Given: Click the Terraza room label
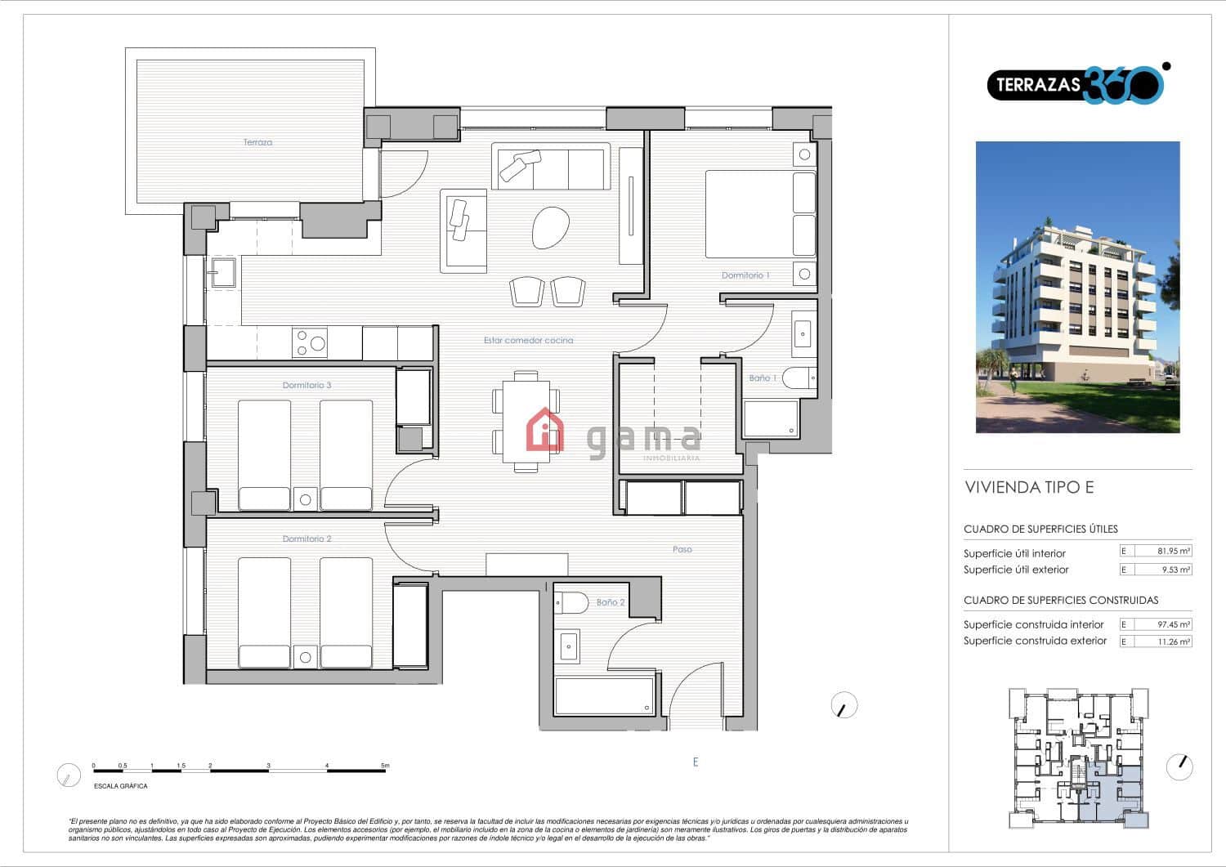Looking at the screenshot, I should pos(257,142).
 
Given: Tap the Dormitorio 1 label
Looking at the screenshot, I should pos(745,275).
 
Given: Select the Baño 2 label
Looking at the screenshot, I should pos(610,602).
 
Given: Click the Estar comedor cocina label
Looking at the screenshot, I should pos(528,340).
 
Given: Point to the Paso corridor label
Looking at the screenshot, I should pos(682,549).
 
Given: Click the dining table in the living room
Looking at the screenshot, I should pos(526,421).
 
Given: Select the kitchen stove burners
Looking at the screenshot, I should pos(310,343).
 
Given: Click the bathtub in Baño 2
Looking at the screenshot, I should pos(604,695).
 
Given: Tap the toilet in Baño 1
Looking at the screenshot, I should pos(799,378).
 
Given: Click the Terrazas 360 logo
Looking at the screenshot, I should pos(1076,84).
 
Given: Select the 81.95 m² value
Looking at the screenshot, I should pos(1174,551).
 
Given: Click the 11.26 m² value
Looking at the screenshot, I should pos(1174,641).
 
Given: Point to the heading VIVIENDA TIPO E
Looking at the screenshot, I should pos(1029,488).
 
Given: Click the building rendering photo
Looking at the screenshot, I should pos(1077,287).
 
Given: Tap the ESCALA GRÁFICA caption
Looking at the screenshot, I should pos(120,786).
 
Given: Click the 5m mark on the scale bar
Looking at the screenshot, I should pos(385,766).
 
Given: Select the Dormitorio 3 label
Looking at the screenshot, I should pos(306,385).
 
